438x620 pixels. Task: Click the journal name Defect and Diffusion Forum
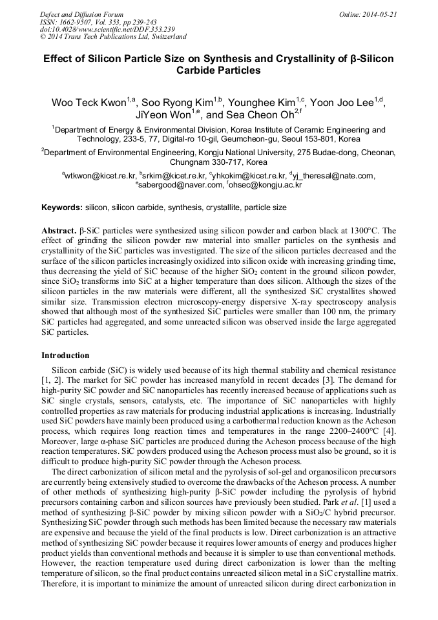pyautogui.click(x=81, y=14)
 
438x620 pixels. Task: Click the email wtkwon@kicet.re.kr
pyautogui.click(x=100, y=175)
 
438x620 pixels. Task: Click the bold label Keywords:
pyautogui.click(x=62, y=208)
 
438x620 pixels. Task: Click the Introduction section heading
pyautogui.click(x=65, y=355)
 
